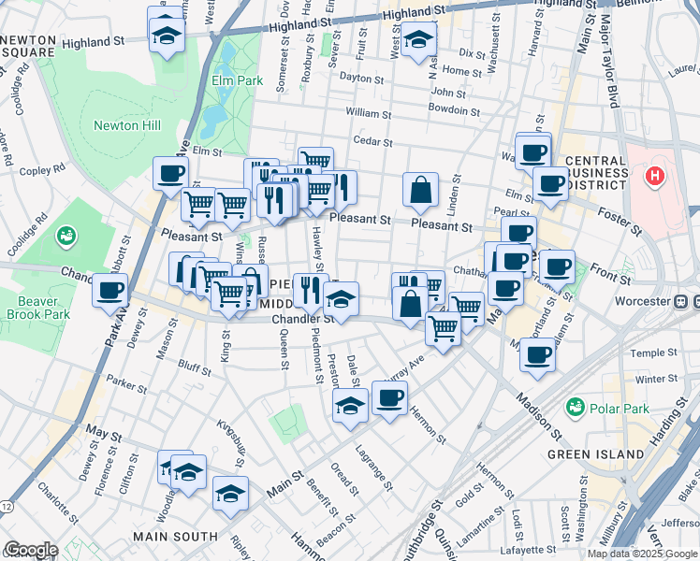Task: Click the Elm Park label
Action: [x=237, y=80]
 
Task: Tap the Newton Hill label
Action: [x=127, y=125]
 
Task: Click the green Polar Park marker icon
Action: [x=576, y=408]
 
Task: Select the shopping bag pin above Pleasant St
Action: [x=421, y=189]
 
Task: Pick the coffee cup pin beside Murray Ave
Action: [x=389, y=397]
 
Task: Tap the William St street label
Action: [x=368, y=113]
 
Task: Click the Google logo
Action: [x=30, y=550]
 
